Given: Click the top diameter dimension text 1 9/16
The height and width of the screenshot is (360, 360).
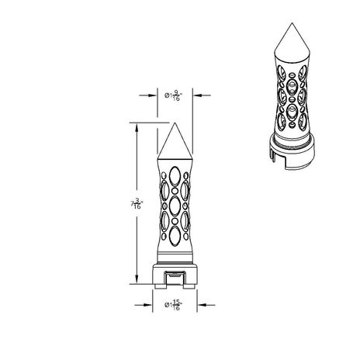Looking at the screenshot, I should (175, 95).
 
